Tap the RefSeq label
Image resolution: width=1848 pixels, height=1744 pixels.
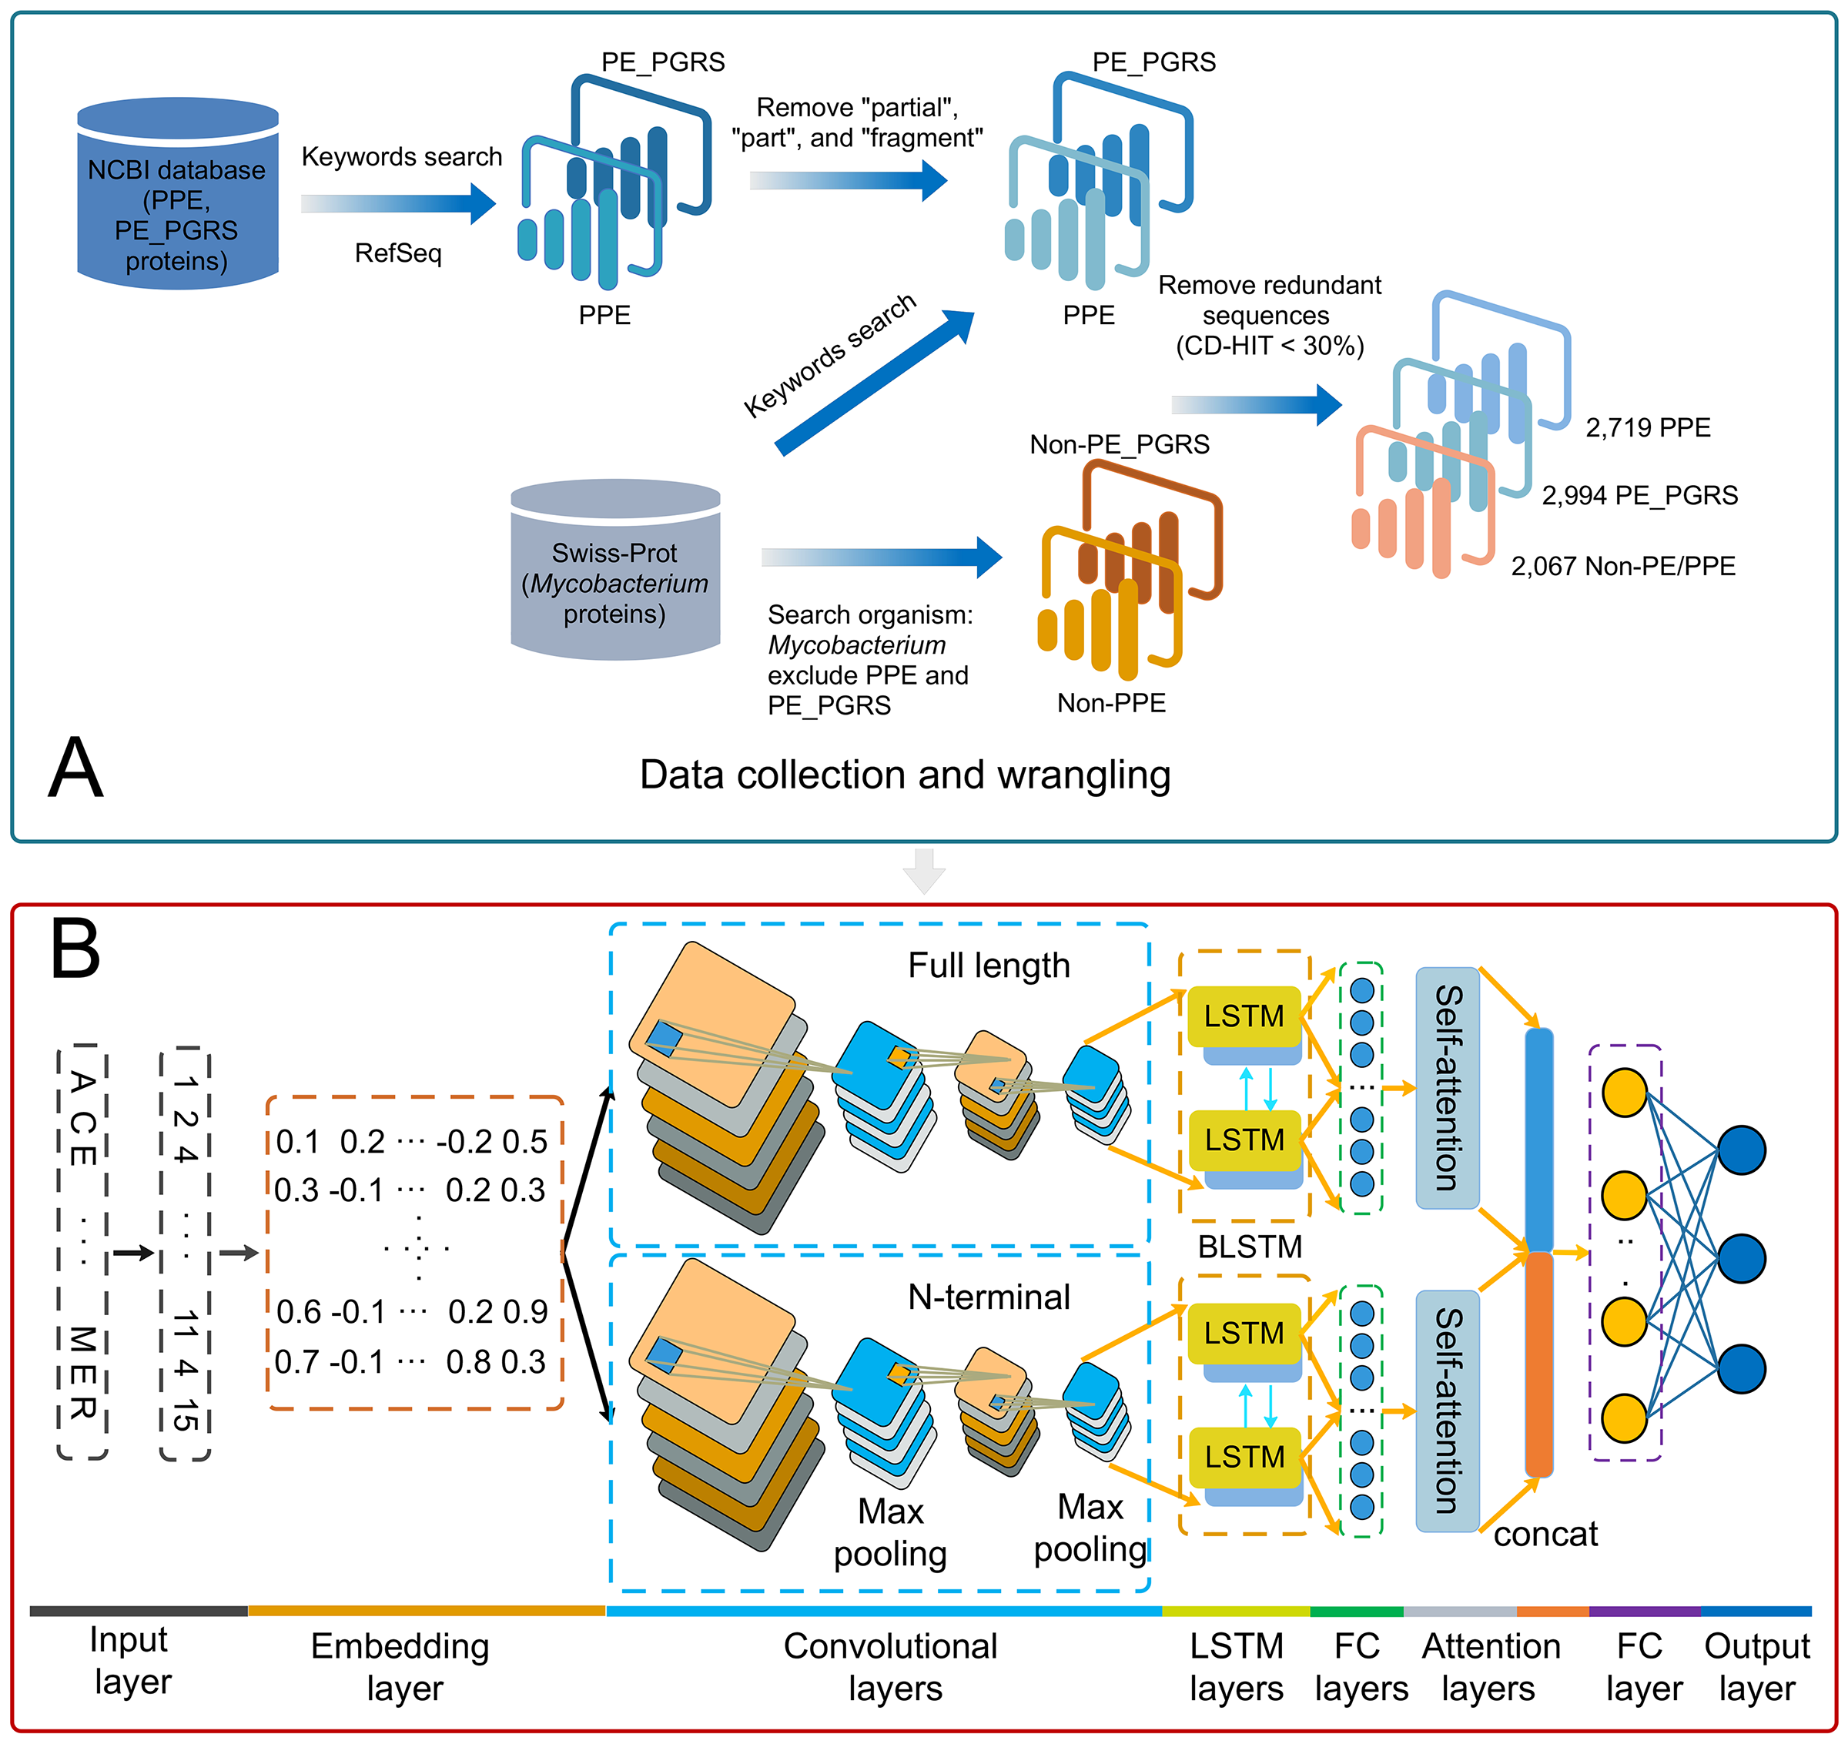coord(398,253)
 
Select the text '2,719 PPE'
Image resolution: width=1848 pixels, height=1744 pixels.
coord(1647,427)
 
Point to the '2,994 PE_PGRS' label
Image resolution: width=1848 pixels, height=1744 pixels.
coord(1639,496)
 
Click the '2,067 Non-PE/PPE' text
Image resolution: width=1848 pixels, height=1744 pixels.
coord(1622,566)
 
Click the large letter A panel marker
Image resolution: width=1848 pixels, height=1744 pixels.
coord(75,768)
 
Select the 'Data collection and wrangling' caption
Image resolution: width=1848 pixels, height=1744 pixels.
coord(905,775)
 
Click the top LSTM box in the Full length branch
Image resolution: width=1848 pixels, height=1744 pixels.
coord(1244,1016)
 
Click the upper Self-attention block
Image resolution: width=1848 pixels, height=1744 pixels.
coord(1446,1088)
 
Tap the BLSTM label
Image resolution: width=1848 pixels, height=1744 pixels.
coord(1250,1247)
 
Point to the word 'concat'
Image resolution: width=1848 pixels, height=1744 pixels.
coord(1545,1534)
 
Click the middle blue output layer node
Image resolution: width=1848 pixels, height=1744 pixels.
coord(1741,1259)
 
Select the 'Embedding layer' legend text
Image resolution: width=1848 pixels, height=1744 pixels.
coord(400,1667)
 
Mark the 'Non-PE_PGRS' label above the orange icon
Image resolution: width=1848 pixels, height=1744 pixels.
coord(1120,444)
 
